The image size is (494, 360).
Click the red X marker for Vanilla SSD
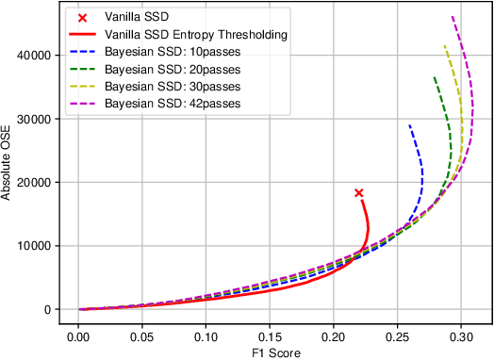click(x=358, y=192)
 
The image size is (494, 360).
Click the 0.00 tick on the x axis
click(x=78, y=335)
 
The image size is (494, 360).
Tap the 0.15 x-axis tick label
click(x=270, y=335)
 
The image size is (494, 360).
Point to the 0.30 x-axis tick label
click(x=461, y=335)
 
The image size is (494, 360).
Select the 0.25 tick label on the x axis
click(x=397, y=335)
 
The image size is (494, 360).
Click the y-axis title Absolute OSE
click(x=8, y=166)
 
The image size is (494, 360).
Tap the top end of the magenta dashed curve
click(x=453, y=16)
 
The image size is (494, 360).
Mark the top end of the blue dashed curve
click(x=409, y=124)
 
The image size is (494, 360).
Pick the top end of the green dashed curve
click(x=434, y=76)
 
